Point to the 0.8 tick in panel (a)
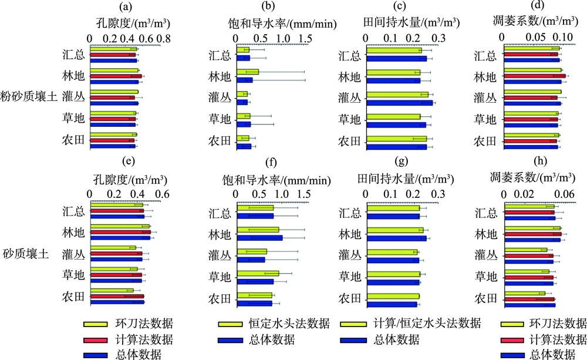coord(163,38)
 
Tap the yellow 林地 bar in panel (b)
coord(247,72)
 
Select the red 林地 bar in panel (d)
coord(534,76)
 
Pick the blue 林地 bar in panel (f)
coord(259,237)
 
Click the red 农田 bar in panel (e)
coord(117,297)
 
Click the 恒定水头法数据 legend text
coord(288,324)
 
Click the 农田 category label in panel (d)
coord(485,141)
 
